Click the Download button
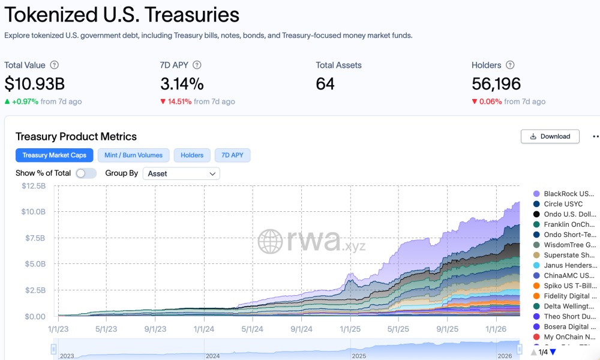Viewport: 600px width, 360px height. point(550,136)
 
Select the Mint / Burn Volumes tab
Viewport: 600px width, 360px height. point(133,155)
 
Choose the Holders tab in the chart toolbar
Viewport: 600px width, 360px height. point(192,155)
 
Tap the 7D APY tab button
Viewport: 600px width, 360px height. point(232,155)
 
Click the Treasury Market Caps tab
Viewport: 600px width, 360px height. point(54,155)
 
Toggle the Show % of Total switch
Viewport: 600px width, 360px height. point(86,173)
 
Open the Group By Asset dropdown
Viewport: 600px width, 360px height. point(181,173)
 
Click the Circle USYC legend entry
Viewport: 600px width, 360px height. point(563,204)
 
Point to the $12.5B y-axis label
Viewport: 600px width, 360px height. point(33,186)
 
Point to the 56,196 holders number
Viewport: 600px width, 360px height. point(496,83)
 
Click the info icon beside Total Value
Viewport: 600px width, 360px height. point(55,65)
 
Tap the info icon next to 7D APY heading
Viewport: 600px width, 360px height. point(197,65)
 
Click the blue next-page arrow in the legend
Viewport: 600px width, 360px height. point(553,352)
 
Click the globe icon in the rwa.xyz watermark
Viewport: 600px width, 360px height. point(271,241)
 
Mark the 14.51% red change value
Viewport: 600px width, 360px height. point(179,101)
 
